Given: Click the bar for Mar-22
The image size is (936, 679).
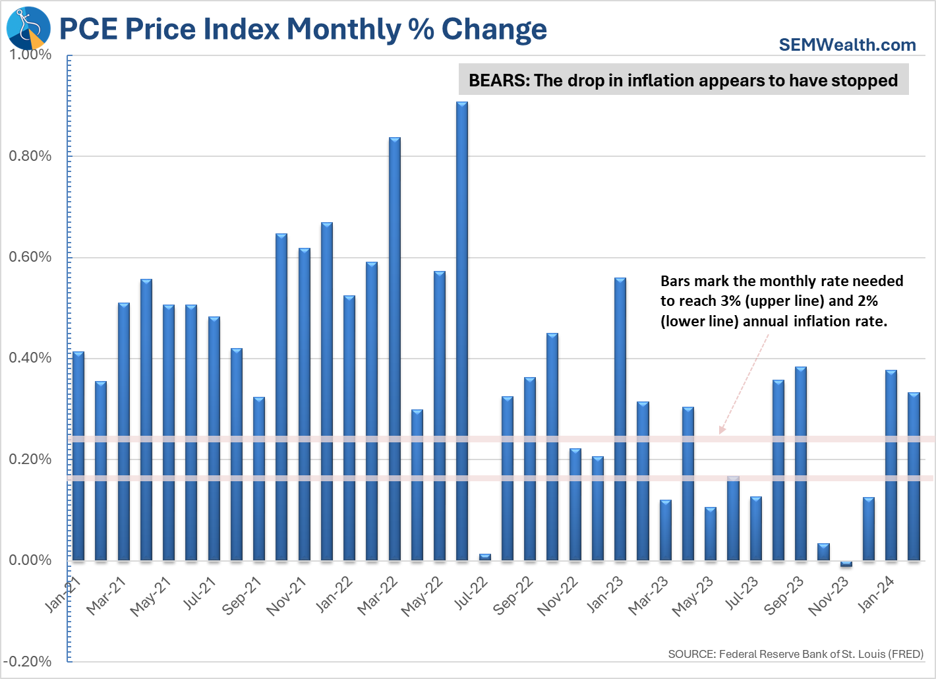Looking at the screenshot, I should pyautogui.click(x=395, y=349).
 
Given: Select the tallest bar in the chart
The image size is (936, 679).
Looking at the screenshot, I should pyautogui.click(x=462, y=330).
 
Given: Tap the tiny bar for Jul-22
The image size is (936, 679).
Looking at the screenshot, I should pyautogui.click(x=485, y=557).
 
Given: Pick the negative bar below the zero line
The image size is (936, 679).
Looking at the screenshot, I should pyautogui.click(x=846, y=564).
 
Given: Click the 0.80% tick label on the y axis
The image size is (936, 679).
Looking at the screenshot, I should pyautogui.click(x=30, y=156).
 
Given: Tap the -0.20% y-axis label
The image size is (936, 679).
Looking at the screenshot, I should pyautogui.click(x=28, y=662).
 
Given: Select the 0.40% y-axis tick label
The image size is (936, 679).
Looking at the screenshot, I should pyautogui.click(x=30, y=358).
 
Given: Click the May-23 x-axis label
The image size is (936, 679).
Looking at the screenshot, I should pyautogui.click(x=693, y=595).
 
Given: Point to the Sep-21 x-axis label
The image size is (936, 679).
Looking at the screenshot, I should pyautogui.click(x=242, y=595).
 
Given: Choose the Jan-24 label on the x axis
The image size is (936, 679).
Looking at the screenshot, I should pyautogui.click(x=876, y=593).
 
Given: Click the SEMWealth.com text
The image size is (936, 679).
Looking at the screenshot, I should pyautogui.click(x=847, y=45).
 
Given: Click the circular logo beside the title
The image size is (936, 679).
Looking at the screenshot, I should pyautogui.click(x=28, y=28).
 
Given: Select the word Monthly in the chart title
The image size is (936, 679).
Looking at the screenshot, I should pyautogui.click(x=343, y=29).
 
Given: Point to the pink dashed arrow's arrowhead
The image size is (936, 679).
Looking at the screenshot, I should pyautogui.click(x=722, y=430).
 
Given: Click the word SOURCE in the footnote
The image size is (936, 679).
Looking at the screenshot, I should pyautogui.click(x=691, y=654).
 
